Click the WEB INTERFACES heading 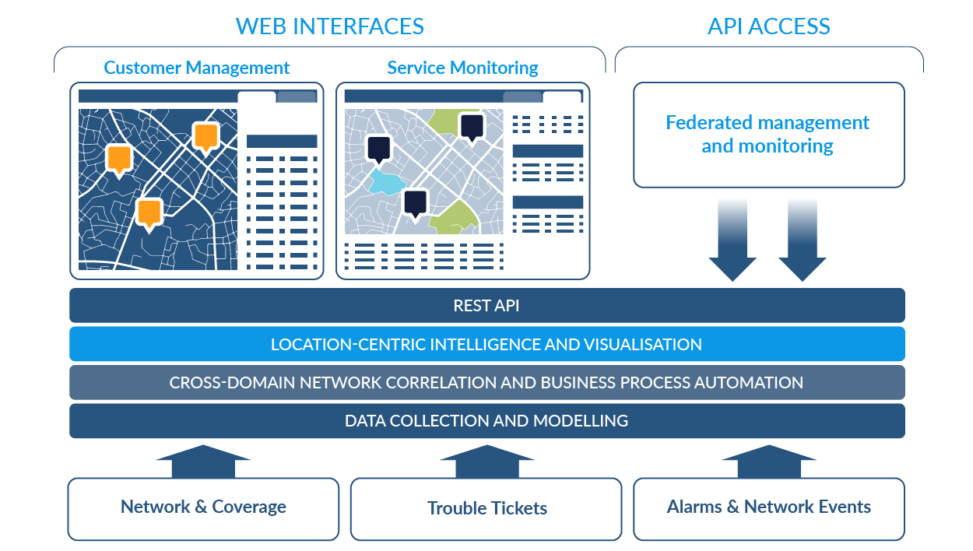click(330, 26)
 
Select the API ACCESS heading click(768, 26)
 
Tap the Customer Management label click(196, 68)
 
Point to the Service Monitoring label click(462, 68)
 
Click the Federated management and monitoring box click(768, 135)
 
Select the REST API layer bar click(486, 305)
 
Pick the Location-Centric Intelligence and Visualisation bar click(486, 344)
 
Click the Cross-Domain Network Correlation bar click(486, 382)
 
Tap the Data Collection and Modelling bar click(486, 420)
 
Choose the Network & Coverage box click(203, 507)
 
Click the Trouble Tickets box click(486, 508)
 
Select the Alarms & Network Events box click(768, 507)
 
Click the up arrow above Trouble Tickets click(486, 460)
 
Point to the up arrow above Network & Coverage click(203, 460)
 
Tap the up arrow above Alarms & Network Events click(768, 460)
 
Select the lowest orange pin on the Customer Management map click(149, 212)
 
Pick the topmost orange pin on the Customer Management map click(205, 137)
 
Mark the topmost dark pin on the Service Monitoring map click(471, 126)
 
